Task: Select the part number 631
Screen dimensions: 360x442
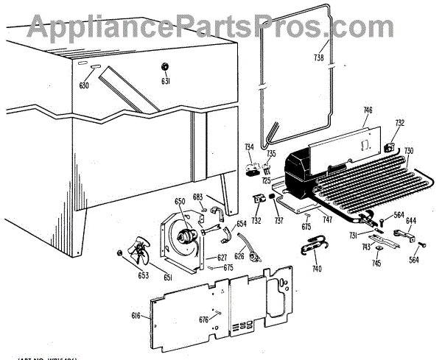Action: (x=166, y=81)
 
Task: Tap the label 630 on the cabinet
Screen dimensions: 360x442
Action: (x=84, y=86)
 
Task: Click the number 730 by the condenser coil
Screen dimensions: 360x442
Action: (x=409, y=151)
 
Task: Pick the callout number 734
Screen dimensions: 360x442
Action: (x=250, y=147)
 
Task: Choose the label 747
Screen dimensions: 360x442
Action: (x=328, y=220)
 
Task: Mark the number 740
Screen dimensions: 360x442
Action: (x=317, y=269)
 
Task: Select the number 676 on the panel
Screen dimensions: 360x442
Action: (x=203, y=319)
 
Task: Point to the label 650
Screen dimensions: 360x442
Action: (x=180, y=201)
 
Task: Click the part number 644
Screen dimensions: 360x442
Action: (x=410, y=220)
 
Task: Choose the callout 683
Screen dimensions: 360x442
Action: (x=197, y=197)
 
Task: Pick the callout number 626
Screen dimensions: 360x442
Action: (x=239, y=256)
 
